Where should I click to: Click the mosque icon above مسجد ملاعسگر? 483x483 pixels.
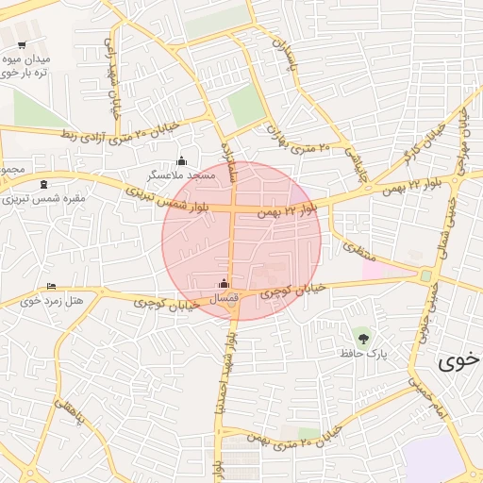pyautogui.click(x=182, y=160)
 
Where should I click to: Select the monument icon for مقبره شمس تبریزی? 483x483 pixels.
pyautogui.click(x=44, y=185)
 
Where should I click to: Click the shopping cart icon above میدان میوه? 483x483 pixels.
pyautogui.click(x=22, y=44)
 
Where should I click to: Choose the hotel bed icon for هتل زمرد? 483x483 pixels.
pyautogui.click(x=51, y=287)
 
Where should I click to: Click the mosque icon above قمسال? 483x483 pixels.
pyautogui.click(x=224, y=283)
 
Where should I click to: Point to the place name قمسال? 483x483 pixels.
pyautogui.click(x=225, y=298)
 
